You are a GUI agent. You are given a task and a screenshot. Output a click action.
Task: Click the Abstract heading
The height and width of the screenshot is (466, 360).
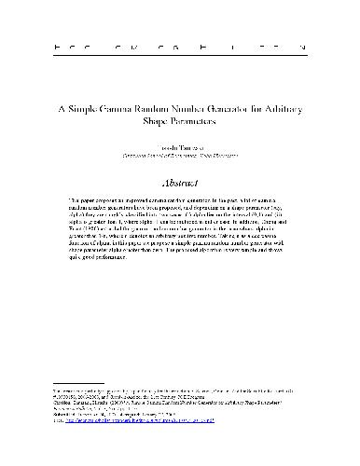point(180,184)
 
